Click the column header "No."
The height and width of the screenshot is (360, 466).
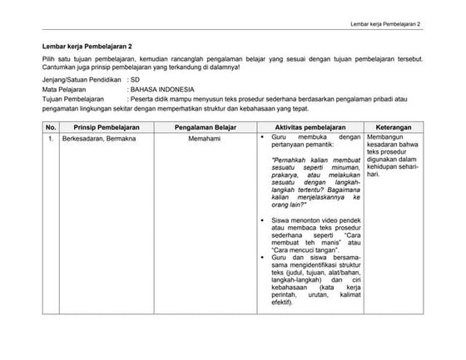51,126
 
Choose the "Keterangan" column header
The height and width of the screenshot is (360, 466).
394,126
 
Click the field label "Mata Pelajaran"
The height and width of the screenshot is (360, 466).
64,87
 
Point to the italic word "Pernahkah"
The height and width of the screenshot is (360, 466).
290,160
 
